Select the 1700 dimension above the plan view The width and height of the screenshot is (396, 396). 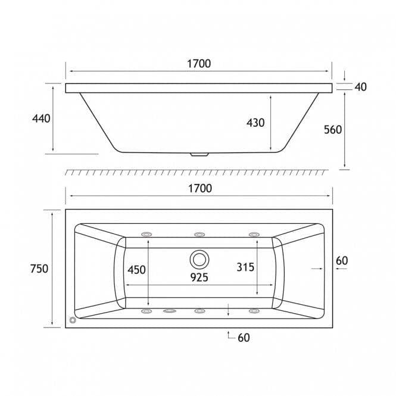coord(199,188)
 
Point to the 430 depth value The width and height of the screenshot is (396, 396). coord(255,122)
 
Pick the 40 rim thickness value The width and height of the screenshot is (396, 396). coord(360,87)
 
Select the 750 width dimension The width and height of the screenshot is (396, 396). coord(39,269)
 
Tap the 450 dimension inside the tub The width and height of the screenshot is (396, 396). coord(136,269)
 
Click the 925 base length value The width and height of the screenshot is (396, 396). coord(199,277)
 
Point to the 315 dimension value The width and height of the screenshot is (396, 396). coord(245,267)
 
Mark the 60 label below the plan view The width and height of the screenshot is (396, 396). coord(244,338)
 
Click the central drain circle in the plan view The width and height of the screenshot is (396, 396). coord(199,260)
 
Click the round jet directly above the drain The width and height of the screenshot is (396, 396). coord(199,234)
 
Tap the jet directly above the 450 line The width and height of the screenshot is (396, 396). coord(145,234)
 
